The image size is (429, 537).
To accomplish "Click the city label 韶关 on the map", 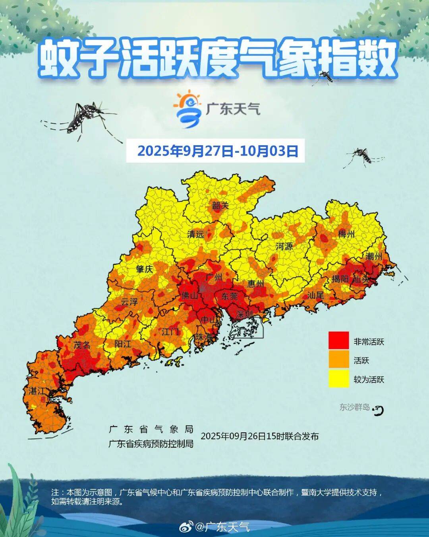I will click(220, 206).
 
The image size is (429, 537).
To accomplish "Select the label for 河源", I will click(284, 246).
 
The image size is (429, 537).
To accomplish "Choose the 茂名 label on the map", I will click(82, 345).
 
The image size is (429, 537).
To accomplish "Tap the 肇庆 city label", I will click(144, 269).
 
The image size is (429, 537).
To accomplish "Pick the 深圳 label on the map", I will click(244, 314).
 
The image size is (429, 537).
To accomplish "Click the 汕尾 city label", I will click(316, 295).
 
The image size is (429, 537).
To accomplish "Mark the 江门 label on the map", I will click(170, 331).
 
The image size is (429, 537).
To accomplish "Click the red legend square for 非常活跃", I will click(338, 341).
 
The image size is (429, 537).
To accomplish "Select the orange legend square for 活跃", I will click(338, 360).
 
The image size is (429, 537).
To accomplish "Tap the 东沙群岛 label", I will click(354, 407).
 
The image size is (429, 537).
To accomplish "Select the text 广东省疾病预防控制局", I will click(151, 444).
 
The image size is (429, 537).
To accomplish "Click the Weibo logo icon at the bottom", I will click(186, 527).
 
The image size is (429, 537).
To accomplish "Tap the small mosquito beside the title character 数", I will click(326, 77).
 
